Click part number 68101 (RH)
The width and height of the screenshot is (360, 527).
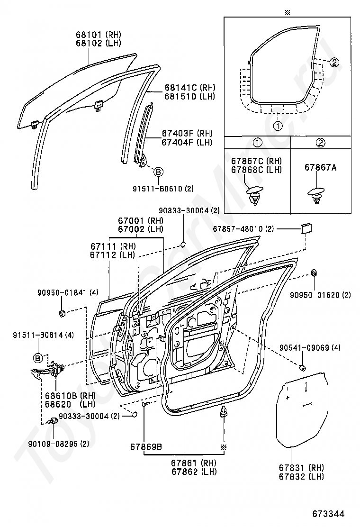98,35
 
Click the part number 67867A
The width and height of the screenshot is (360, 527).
320,167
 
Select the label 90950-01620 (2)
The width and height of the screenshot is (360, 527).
321,295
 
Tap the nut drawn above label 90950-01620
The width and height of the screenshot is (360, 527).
314,273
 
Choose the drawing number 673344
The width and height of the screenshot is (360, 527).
328,513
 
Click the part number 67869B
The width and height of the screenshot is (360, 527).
146,446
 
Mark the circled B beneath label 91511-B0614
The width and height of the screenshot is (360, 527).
37,357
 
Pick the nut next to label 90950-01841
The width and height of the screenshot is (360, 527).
62,313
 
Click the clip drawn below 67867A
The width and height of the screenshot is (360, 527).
315,195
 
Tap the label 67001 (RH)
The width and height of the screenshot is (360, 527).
141,220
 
